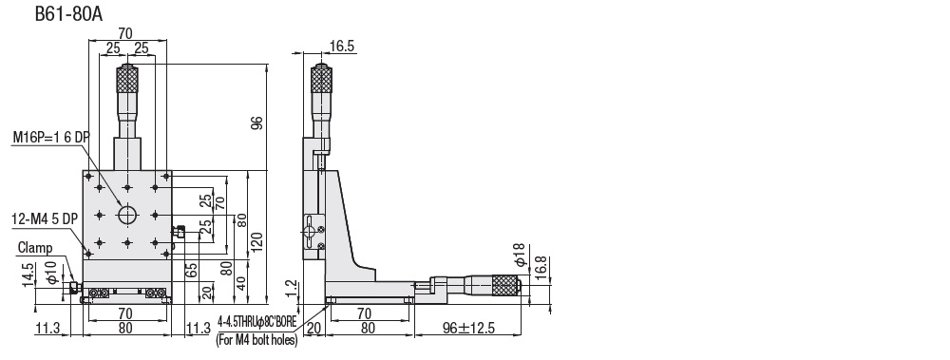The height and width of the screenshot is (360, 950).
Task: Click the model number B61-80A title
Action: [x=68, y=14]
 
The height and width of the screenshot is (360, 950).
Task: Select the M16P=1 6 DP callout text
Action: [x=51, y=138]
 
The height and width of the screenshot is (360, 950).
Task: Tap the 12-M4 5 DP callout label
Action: [x=45, y=218]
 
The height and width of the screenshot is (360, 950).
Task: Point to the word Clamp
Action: [x=35, y=247]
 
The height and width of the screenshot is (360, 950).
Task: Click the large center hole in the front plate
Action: [x=127, y=215]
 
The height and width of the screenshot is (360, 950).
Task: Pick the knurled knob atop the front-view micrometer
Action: [x=127, y=80]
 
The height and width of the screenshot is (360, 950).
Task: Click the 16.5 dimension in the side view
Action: [x=342, y=47]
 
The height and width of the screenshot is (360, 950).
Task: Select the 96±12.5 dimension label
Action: [x=468, y=328]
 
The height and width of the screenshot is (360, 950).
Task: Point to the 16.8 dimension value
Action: [x=541, y=267]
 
